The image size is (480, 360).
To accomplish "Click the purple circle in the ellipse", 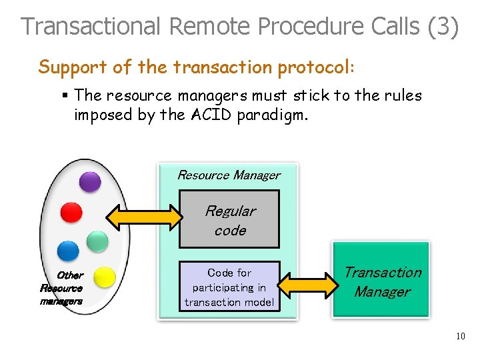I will coord(90,181).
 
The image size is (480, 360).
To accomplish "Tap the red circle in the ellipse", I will coord(71,212).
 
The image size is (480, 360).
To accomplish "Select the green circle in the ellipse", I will coord(98,241).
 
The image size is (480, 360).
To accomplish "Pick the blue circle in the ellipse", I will coord(68,251).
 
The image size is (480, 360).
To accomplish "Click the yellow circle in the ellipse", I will coord(104,277).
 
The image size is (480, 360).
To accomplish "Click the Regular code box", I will coord(229,220).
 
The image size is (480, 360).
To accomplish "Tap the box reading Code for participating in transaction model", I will coord(229,287).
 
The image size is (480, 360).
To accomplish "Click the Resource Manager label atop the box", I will coord(229,175).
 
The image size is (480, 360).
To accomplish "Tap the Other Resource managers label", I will coord(63,288).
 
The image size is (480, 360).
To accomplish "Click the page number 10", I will coord(461,336).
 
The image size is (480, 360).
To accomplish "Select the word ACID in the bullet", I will coord(213,115).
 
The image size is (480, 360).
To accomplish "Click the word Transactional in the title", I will coord(91,27).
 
